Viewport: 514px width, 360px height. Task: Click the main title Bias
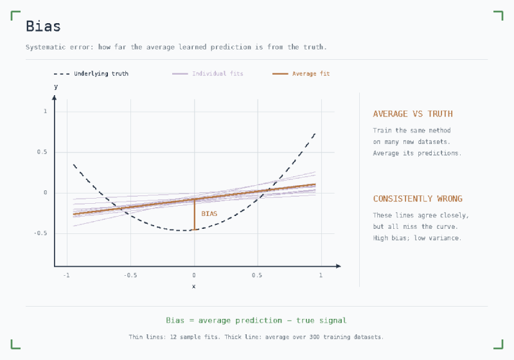pos(43,26)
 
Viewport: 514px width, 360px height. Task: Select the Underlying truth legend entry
pos(91,74)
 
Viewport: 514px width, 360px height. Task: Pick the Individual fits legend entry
pos(208,74)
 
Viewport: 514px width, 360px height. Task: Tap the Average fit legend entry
pos(301,74)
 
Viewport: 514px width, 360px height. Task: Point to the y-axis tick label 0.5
pos(42,152)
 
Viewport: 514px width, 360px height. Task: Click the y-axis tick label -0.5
pos(40,233)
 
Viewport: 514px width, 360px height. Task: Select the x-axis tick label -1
pos(67,275)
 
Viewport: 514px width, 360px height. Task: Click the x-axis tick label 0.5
pos(257,275)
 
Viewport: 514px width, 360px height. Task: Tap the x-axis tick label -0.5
pos(130,275)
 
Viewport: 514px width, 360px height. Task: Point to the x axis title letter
pos(194,287)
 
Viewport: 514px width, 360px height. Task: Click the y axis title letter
pos(56,87)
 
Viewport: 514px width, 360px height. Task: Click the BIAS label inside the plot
pos(209,214)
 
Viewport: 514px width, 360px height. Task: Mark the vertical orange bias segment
pos(195,215)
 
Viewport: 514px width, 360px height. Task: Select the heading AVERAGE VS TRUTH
pos(412,114)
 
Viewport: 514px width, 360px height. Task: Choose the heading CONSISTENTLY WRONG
pos(418,199)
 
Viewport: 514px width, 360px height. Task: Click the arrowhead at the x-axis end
pos(339,266)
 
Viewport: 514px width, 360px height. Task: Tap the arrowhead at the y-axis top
pos(55,97)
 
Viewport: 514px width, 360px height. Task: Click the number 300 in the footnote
pos(314,337)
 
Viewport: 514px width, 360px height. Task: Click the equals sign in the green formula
pos(191,321)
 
